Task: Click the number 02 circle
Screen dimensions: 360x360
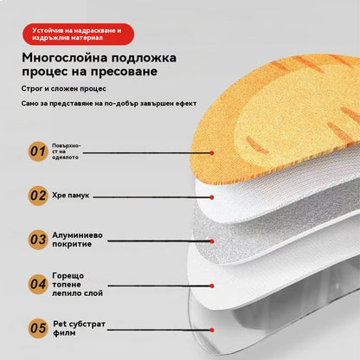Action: coord(37,196)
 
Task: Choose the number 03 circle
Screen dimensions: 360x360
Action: coord(37,238)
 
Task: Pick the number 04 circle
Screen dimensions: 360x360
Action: coord(37,283)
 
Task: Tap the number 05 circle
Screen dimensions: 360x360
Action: coord(37,328)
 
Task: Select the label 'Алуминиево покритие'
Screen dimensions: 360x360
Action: coord(79,238)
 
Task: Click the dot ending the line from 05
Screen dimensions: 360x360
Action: coord(215,328)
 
